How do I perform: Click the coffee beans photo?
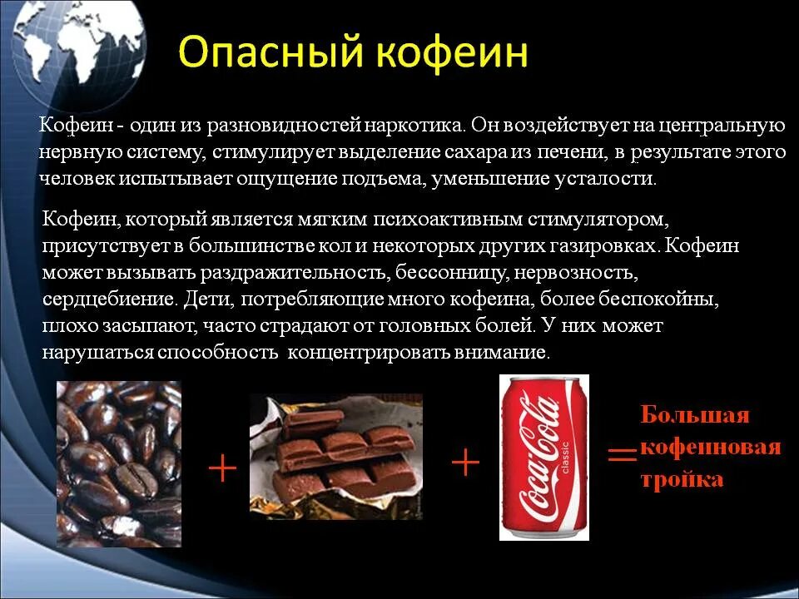pos(118,463)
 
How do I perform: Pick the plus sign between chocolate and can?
pos(465,463)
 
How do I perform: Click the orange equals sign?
pos(621,454)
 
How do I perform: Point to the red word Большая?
pos(695,415)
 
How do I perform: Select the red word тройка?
pos(682,480)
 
